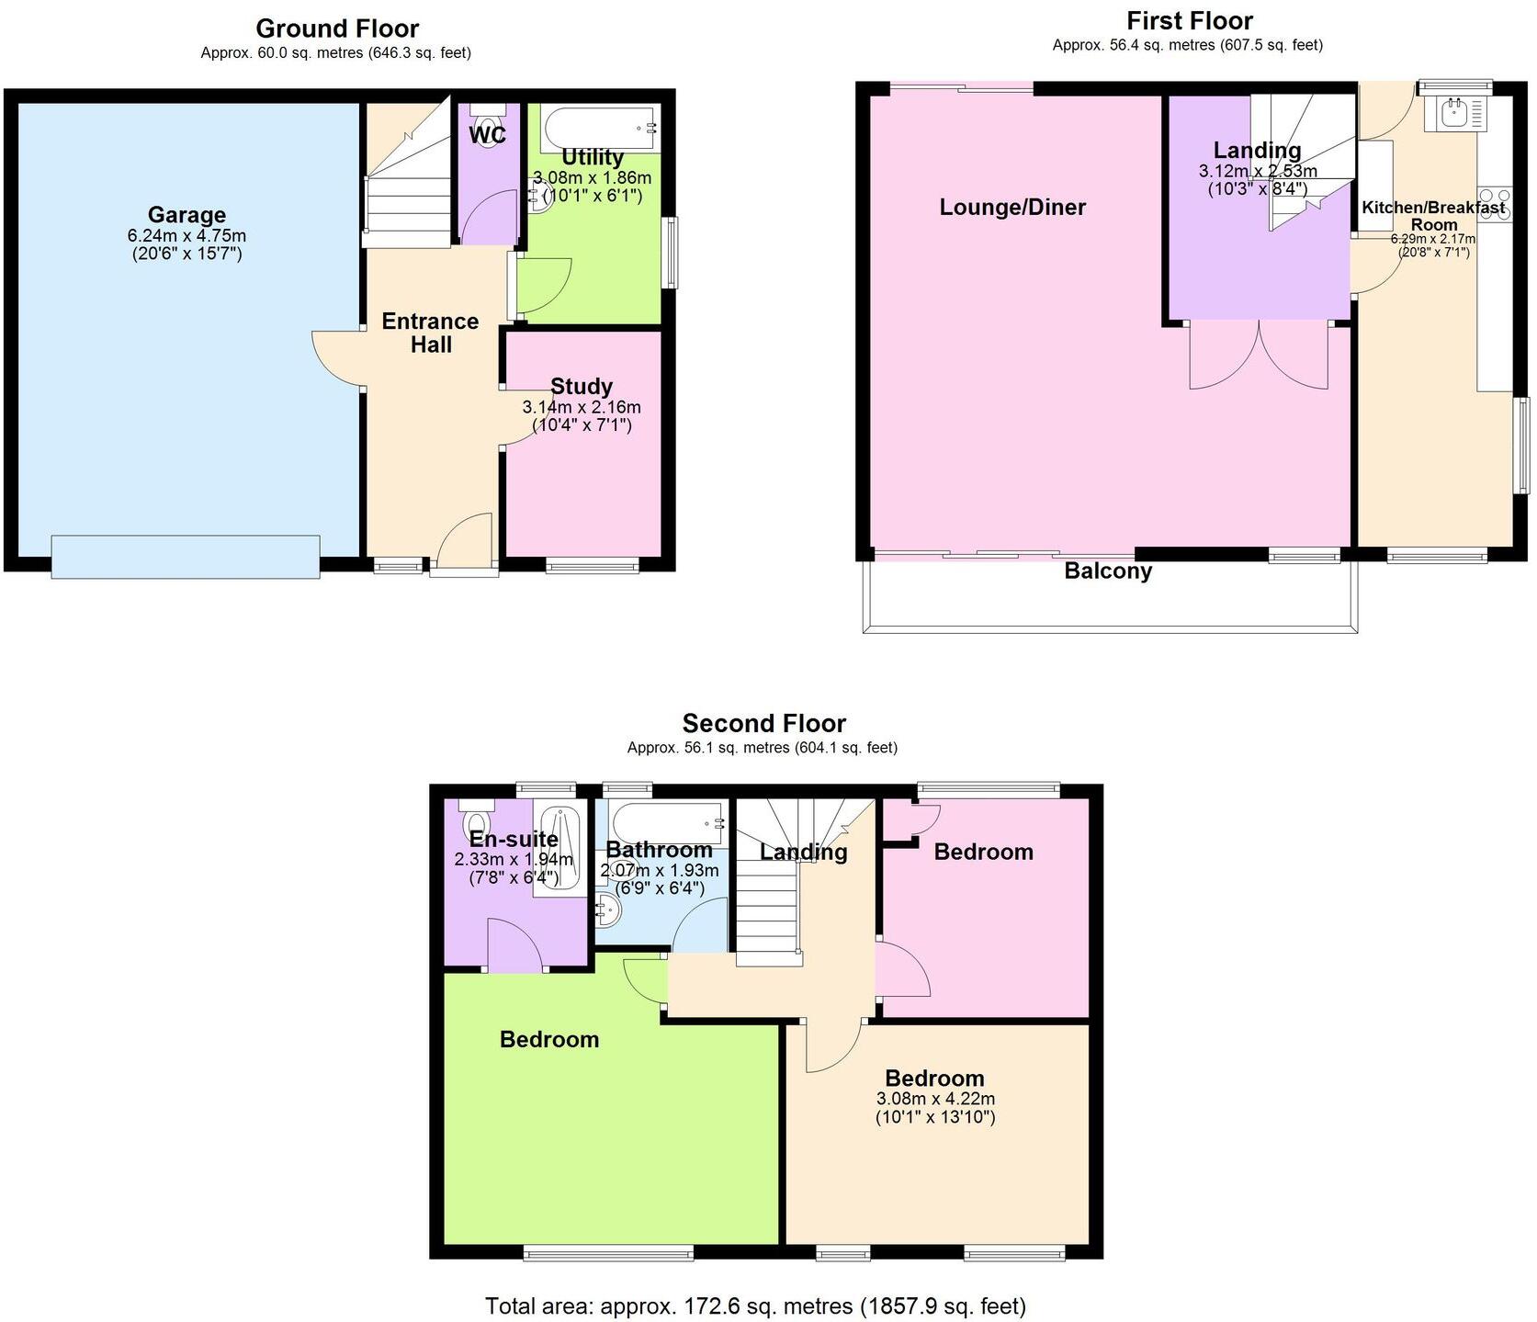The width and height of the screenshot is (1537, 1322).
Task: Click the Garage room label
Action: coord(186,215)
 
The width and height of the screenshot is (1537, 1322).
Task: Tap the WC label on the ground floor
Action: coord(487,136)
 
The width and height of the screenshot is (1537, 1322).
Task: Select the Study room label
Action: coord(581,387)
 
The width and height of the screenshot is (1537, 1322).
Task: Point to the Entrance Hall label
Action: coord(430,333)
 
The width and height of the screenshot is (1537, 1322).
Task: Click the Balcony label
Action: coord(1107,571)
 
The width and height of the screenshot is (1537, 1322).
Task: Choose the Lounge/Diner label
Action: coord(1012,208)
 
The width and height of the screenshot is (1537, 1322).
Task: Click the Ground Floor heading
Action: coord(337,28)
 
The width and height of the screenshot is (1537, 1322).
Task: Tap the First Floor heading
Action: coord(1189,20)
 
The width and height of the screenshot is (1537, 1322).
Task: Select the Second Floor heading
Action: coord(763,724)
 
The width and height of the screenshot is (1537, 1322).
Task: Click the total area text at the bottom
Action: coord(755,1305)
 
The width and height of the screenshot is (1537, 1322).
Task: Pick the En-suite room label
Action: coord(514,839)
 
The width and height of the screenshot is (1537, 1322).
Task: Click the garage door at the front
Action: coord(186,557)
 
